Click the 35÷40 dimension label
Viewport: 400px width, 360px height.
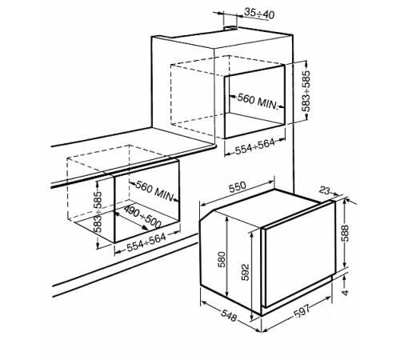[x=259, y=14]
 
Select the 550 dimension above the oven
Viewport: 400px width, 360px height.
[x=237, y=186]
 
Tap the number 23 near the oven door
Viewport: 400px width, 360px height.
[x=325, y=190]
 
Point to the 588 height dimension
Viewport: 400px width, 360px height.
[x=345, y=234]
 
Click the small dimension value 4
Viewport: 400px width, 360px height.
[x=346, y=292]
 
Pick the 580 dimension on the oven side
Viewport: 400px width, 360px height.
[x=222, y=259]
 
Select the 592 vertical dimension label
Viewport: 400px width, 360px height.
[x=245, y=272]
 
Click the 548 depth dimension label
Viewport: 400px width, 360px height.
[x=228, y=316]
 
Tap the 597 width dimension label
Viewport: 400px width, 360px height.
[x=302, y=311]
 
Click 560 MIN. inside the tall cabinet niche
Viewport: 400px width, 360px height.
[x=258, y=102]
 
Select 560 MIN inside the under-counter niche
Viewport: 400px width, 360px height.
[x=154, y=190]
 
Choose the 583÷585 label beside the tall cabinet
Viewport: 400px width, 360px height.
[x=307, y=91]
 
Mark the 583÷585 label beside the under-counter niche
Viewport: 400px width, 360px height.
[x=98, y=212]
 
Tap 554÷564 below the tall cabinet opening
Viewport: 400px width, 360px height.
[x=254, y=146]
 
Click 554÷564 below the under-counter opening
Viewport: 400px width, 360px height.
[x=146, y=242]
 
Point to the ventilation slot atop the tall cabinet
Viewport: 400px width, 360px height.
[x=230, y=27]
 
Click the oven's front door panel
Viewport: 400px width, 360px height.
[x=299, y=254]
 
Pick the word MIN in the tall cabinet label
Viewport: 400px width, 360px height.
[x=268, y=104]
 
